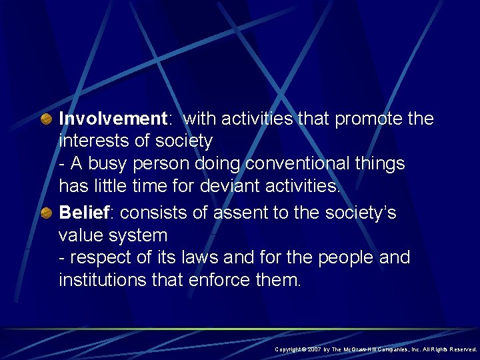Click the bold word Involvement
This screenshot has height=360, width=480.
111,119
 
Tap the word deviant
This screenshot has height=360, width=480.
217,186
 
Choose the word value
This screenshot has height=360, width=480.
79,235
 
